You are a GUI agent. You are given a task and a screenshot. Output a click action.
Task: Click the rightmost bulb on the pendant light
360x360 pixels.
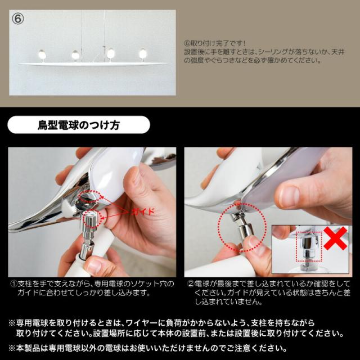(x=142, y=53)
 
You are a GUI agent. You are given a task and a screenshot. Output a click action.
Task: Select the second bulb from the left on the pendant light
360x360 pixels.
(x=75, y=54)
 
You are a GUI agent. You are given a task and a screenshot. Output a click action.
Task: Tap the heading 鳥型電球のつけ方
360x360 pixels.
(x=79, y=124)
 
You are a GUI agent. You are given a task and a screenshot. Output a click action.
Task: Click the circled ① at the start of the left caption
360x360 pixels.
(x=13, y=284)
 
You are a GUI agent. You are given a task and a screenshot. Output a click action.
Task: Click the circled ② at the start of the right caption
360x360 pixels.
(x=190, y=284)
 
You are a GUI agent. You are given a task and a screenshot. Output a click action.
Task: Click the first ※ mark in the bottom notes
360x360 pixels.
(x=12, y=324)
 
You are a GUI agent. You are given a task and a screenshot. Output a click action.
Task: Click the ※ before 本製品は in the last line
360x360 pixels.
(x=12, y=348)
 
